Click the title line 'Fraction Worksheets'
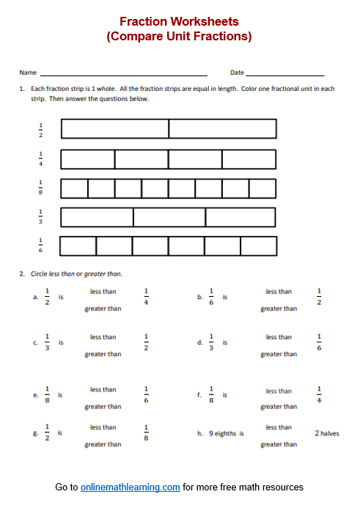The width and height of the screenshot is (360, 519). (x=179, y=22)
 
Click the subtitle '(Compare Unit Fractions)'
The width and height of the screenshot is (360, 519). (x=179, y=37)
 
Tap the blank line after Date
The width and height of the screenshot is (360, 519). (x=285, y=74)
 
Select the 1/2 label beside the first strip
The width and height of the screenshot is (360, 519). (x=40, y=129)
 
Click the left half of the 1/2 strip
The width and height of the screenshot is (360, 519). (x=115, y=129)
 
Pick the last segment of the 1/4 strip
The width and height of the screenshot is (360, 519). (x=249, y=159)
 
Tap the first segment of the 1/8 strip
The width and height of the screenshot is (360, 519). (x=75, y=188)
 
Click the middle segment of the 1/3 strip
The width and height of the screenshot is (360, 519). (x=169, y=217)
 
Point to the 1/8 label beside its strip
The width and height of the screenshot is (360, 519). (x=40, y=188)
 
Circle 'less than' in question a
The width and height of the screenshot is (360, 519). (x=103, y=291)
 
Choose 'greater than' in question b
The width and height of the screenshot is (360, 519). (x=279, y=309)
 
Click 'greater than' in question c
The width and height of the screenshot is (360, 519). (x=103, y=354)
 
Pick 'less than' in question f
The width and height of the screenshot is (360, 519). (x=279, y=391)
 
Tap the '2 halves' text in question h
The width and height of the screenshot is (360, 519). (x=326, y=433)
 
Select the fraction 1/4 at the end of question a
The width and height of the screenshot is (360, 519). (x=146, y=297)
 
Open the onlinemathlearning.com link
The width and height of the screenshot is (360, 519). (x=131, y=487)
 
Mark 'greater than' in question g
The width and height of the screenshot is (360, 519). (x=103, y=444)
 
